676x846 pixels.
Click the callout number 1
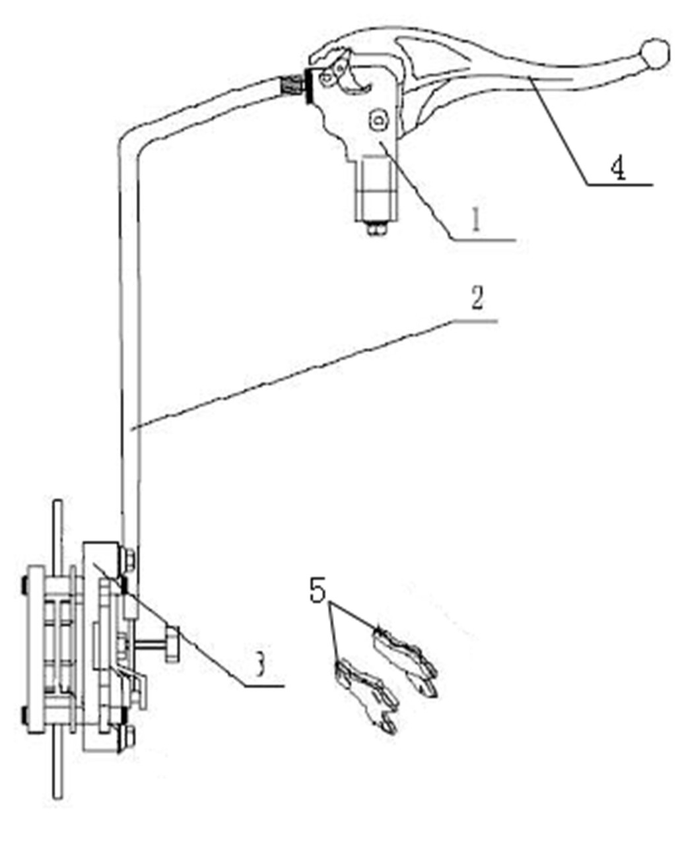coord(475,220)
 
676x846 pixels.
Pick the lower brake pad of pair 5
coord(366,695)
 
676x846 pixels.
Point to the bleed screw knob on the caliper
coord(172,644)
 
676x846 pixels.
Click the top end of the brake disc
coord(58,501)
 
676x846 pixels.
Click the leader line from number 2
coord(314,374)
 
